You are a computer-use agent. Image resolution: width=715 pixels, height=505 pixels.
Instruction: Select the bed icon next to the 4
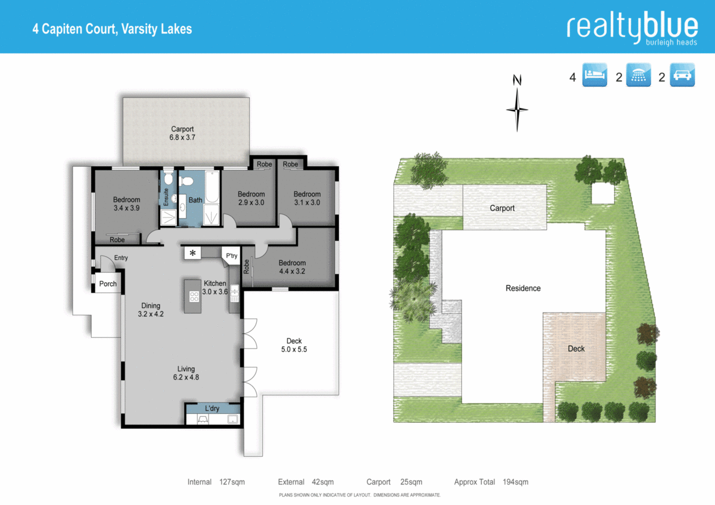tap(594, 75)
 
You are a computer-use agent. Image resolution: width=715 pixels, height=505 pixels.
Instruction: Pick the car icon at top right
tap(682, 75)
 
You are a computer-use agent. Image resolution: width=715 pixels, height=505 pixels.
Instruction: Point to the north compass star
tap(517, 109)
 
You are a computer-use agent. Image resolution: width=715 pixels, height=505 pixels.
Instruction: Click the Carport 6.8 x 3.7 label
tap(182, 133)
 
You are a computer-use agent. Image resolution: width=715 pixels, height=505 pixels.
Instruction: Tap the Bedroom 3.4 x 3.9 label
tap(126, 204)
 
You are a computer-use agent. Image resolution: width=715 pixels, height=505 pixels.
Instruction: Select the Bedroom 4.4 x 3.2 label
tap(292, 267)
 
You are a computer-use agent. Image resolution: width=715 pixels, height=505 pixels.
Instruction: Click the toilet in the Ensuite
tap(168, 179)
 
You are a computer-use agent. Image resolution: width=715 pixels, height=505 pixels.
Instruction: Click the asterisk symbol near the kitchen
tap(192, 253)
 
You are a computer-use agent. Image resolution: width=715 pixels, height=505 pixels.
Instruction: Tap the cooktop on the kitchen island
tap(194, 295)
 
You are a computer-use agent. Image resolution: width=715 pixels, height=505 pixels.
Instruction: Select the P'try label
tap(231, 256)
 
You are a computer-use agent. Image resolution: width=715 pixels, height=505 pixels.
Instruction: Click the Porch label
tap(108, 284)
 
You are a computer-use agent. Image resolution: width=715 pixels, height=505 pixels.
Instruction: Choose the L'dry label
tap(212, 409)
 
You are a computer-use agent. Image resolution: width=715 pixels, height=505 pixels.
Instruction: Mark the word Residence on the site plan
tap(523, 288)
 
